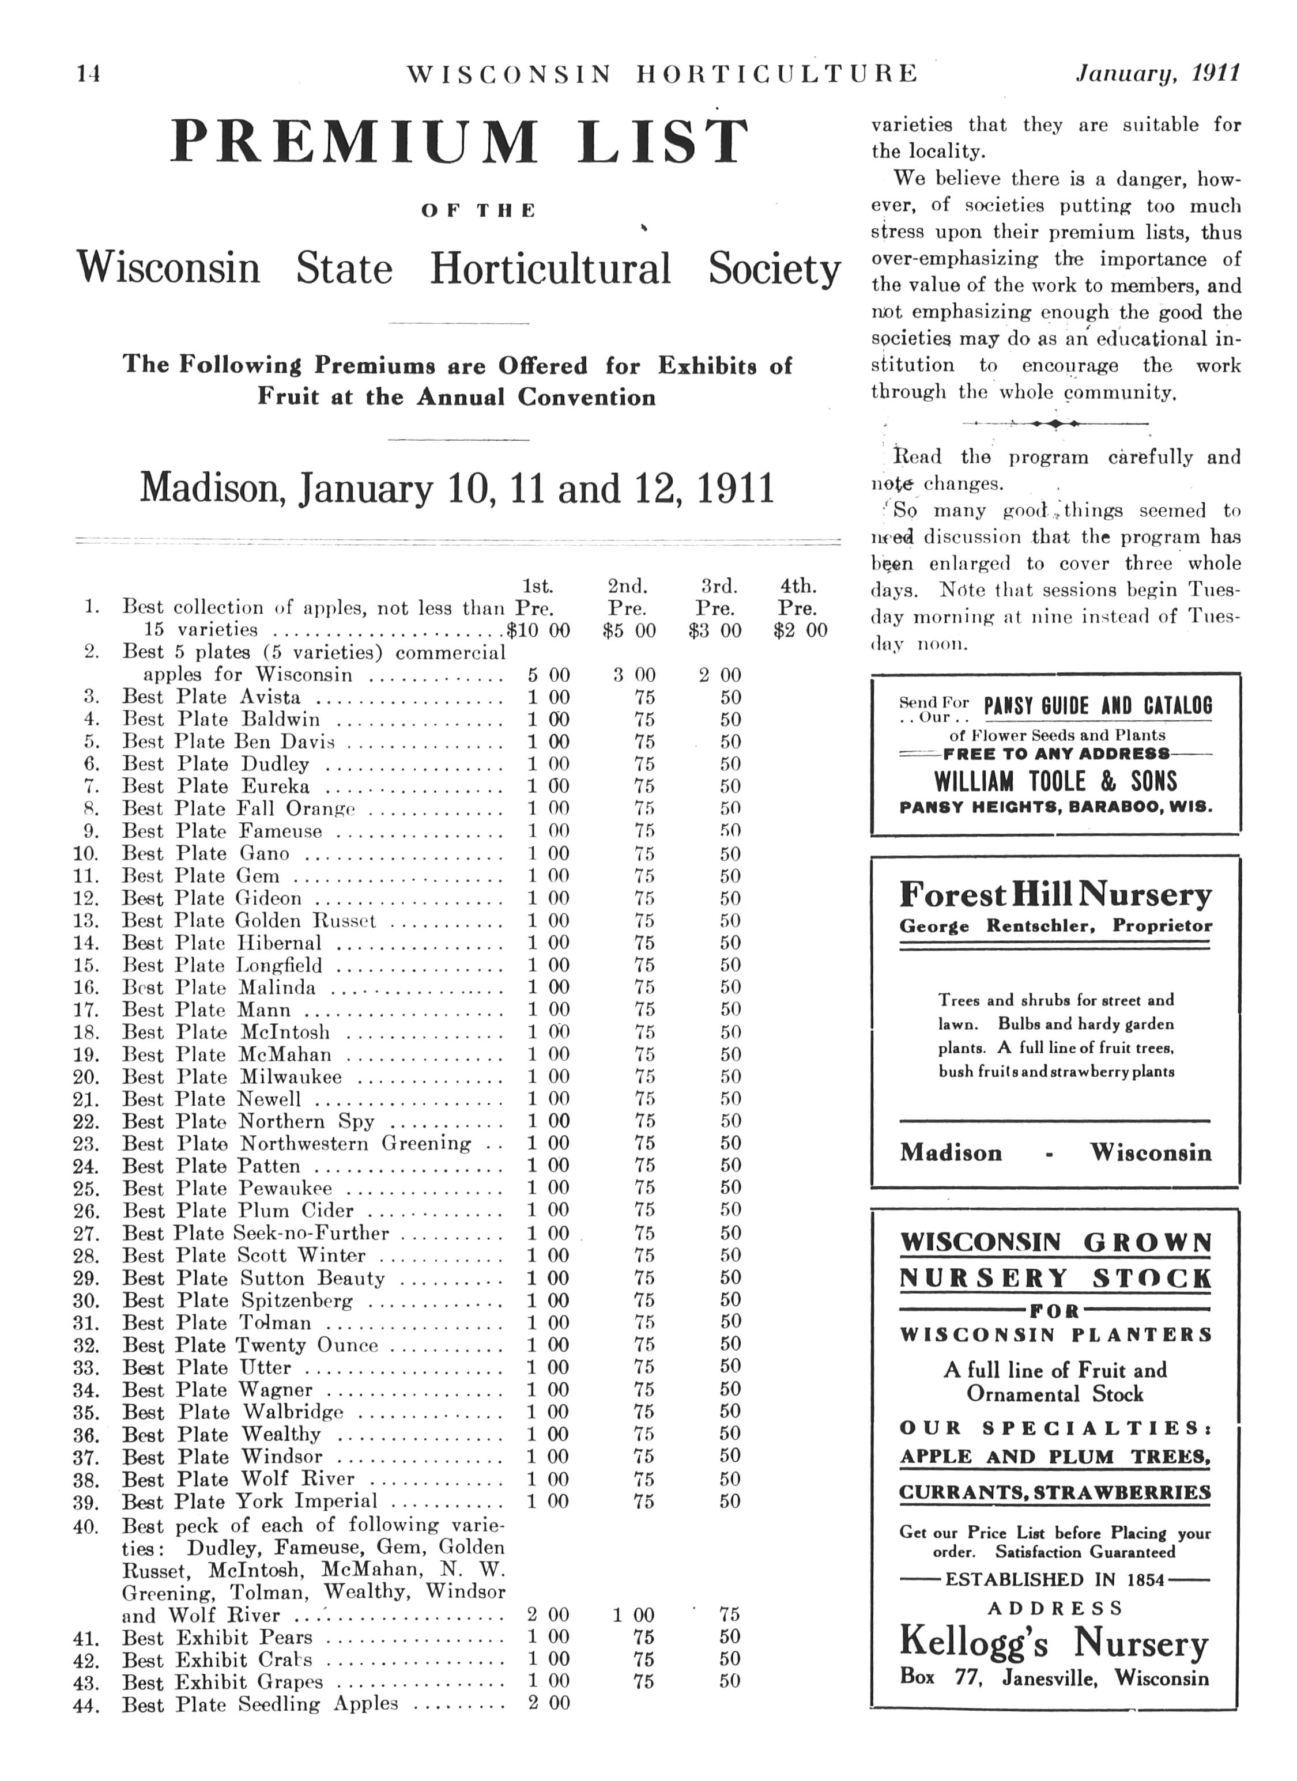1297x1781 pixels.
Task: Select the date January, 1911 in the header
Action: pos(1157,73)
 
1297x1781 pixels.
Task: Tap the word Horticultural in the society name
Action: pos(550,268)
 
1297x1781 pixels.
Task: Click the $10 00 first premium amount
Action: pos(539,630)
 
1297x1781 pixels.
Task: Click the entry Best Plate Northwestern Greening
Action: pos(296,1143)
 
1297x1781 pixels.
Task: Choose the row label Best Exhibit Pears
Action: pos(217,1638)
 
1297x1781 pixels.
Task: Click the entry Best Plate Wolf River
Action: pos(238,1480)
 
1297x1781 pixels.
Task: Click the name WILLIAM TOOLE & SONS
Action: pos(1055,781)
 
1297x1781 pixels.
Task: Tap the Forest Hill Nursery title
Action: pos(1055,894)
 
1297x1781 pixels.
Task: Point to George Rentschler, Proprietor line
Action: pos(1055,926)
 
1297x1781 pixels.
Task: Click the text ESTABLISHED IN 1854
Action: pos(1054,1579)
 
